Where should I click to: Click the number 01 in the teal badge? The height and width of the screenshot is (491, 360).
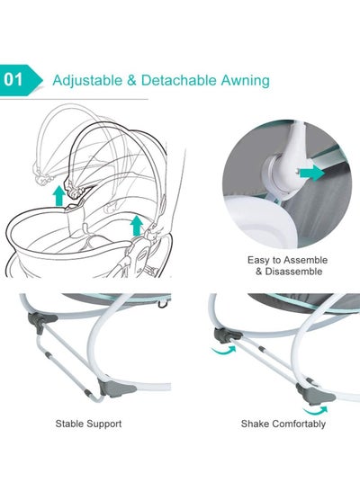pyautogui.click(x=13, y=80)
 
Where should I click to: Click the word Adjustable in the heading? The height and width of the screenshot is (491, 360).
pyautogui.click(x=87, y=81)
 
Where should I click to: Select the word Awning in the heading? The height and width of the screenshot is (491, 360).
pyautogui.click(x=246, y=81)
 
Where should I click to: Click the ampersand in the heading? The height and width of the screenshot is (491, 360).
pyautogui.click(x=132, y=80)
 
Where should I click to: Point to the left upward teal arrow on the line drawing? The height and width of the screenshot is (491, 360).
pyautogui.click(x=58, y=195)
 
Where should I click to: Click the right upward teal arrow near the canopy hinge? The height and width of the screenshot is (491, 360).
pyautogui.click(x=136, y=226)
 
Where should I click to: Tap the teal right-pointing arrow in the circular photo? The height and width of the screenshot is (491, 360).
pyautogui.click(x=311, y=174)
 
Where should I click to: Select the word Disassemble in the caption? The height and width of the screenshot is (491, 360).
pyautogui.click(x=293, y=272)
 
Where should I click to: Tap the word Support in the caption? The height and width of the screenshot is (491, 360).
pyautogui.click(x=104, y=424)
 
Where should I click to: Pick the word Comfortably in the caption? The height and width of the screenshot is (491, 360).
pyautogui.click(x=299, y=424)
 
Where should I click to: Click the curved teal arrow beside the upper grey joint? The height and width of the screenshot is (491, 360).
pyautogui.click(x=223, y=351)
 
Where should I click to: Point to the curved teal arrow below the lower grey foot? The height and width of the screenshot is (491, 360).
pyautogui.click(x=315, y=410)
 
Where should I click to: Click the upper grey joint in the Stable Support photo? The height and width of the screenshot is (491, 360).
pyautogui.click(x=41, y=321)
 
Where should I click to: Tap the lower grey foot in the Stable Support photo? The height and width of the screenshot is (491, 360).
pyautogui.click(x=118, y=388)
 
